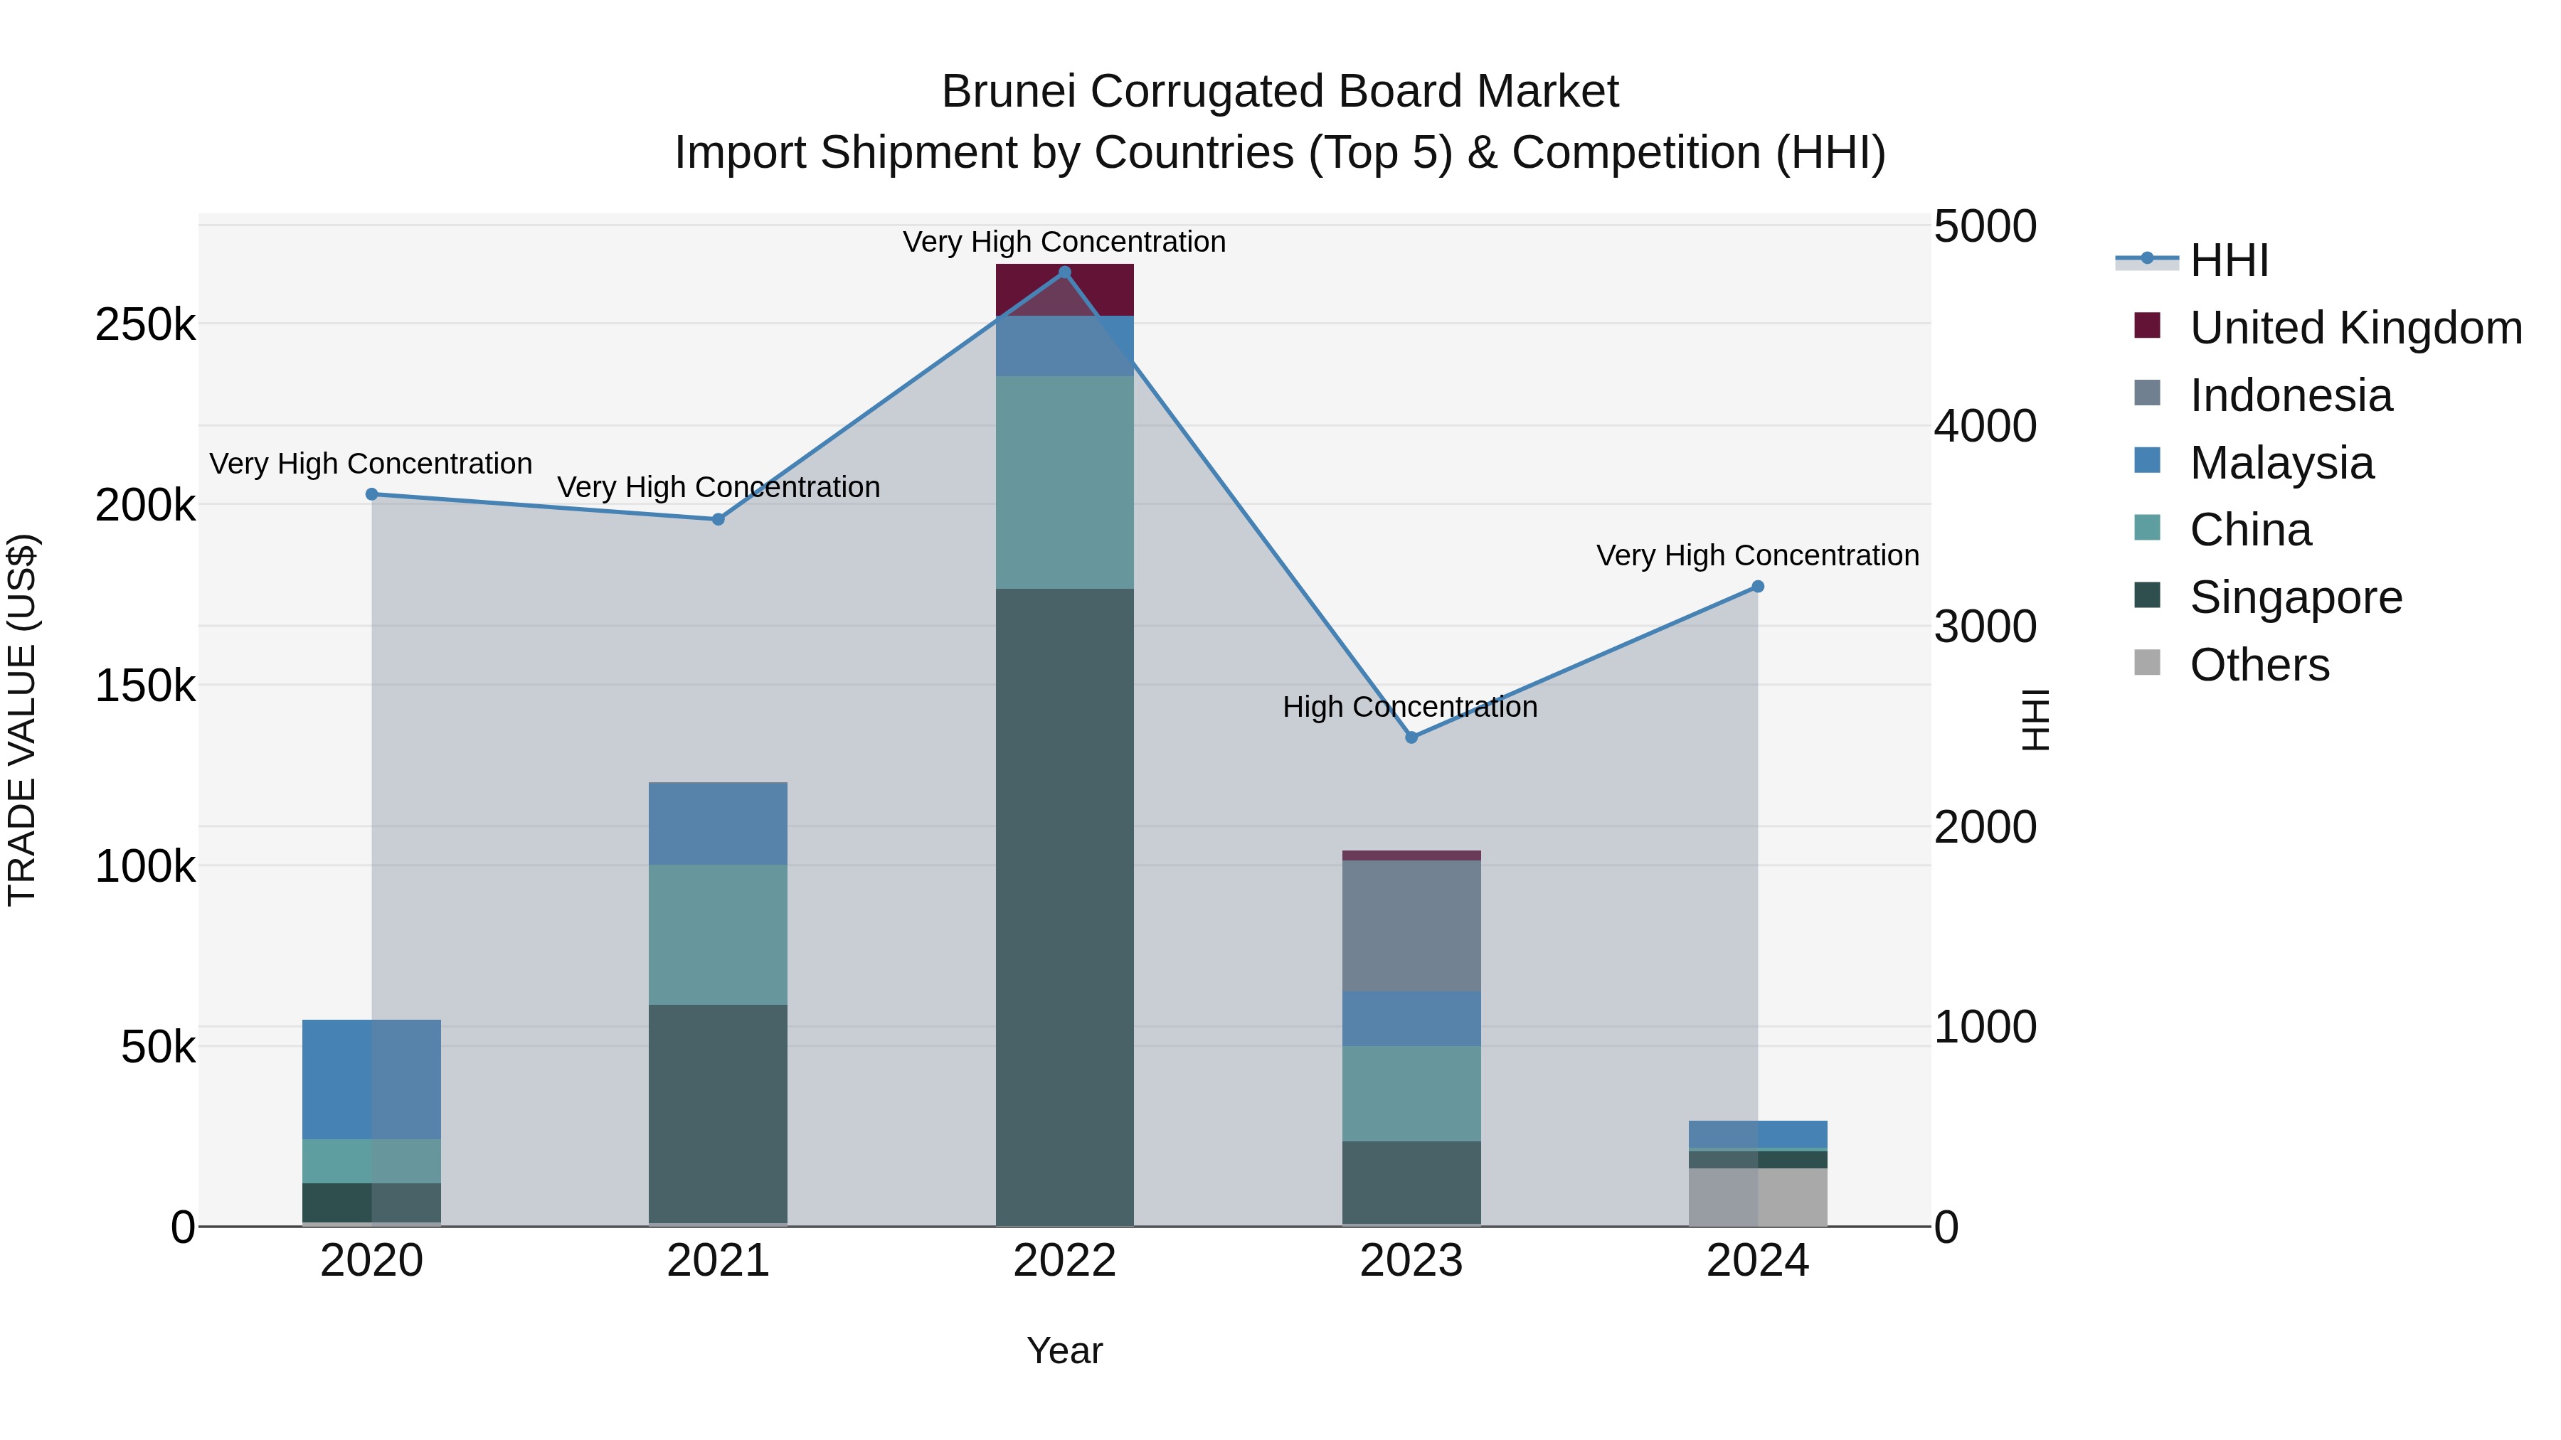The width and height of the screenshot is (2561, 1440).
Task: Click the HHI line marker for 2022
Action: click(1065, 272)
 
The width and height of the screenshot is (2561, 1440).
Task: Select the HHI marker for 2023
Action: click(1411, 737)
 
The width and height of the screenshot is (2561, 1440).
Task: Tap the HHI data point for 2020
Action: click(372, 494)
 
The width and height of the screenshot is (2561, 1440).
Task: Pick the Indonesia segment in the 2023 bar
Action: click(1411, 925)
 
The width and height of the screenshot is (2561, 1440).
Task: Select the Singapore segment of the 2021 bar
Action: click(718, 1113)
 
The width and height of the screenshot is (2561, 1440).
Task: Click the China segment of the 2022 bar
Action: click(1065, 482)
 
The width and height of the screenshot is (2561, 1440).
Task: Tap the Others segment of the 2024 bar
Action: click(1758, 1197)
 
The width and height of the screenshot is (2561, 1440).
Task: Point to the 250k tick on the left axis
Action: click(145, 325)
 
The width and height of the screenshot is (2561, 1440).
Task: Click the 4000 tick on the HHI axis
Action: click(1984, 427)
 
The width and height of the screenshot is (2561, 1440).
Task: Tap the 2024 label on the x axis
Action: click(1758, 1261)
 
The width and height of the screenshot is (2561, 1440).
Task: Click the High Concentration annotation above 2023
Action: click(1410, 707)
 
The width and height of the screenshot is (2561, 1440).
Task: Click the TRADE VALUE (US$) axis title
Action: click(22, 720)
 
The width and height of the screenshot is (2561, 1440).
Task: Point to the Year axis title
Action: click(1064, 1350)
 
